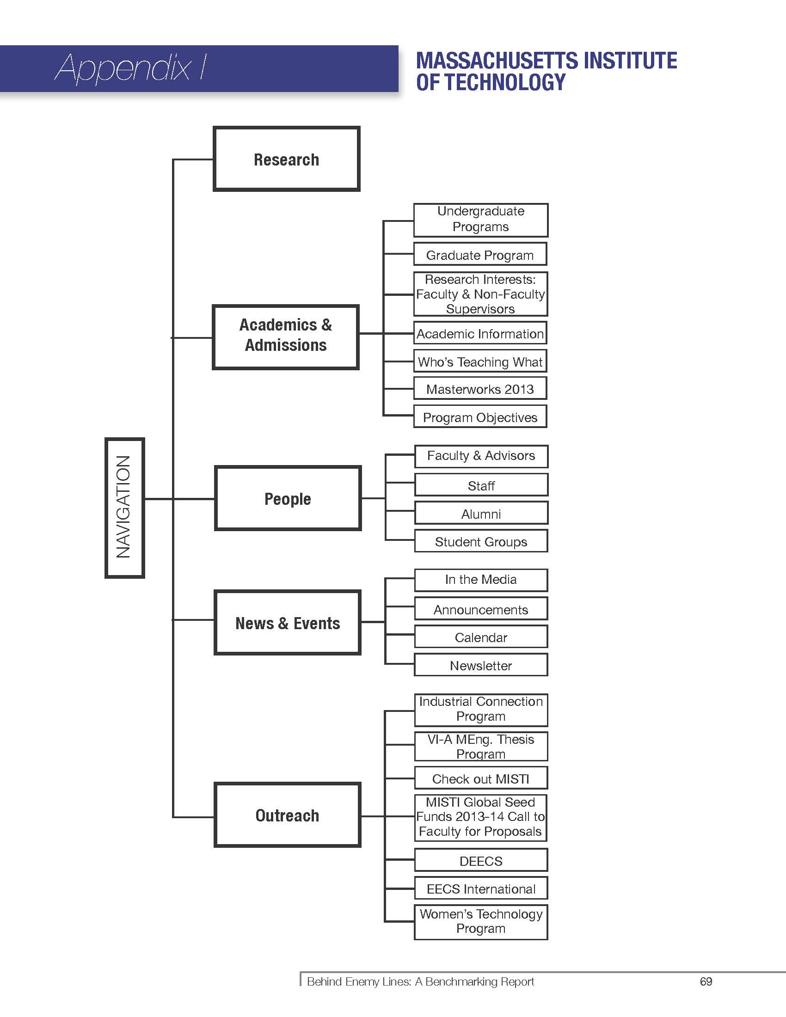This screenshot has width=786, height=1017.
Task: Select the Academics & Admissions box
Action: (x=285, y=337)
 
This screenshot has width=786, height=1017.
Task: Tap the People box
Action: (x=288, y=498)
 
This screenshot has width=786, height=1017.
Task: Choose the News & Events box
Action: (x=287, y=623)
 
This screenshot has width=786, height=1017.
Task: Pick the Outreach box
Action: (x=287, y=815)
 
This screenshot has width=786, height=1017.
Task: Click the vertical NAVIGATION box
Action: (x=124, y=508)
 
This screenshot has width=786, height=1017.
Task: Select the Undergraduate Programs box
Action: (x=480, y=220)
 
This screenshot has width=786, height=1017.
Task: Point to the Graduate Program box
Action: (x=480, y=255)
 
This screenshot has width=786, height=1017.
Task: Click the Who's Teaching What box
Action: (x=480, y=361)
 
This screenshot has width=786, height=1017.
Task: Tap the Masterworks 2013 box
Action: (x=480, y=389)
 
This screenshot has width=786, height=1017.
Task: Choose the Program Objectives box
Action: (x=480, y=417)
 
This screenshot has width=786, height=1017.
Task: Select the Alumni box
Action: (x=481, y=513)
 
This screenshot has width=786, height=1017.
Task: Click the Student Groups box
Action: (x=481, y=541)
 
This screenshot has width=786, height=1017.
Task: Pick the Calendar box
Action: (x=481, y=637)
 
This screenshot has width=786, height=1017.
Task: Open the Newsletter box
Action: (x=481, y=665)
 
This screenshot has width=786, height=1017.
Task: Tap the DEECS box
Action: (x=481, y=861)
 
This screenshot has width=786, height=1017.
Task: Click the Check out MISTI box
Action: (x=481, y=778)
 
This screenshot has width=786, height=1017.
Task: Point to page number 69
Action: (x=706, y=981)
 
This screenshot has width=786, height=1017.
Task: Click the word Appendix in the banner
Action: (x=123, y=68)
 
